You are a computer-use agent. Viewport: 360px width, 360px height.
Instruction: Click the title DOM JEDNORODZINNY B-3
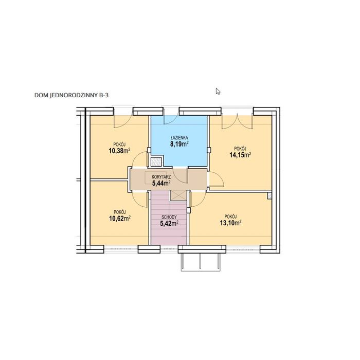pos(71,95)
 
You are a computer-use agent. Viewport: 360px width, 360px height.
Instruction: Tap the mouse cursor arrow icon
pos(218,92)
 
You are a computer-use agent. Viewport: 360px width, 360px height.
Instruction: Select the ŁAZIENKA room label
pos(179,138)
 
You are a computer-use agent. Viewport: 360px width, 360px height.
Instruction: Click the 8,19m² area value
pos(179,144)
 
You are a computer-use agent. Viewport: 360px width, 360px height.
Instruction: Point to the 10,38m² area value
pos(119,151)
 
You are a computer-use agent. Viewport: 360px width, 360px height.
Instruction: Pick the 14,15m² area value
pos(240,155)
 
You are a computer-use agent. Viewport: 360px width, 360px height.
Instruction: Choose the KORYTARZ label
pos(161,177)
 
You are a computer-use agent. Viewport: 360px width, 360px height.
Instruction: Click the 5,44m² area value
pos(161,183)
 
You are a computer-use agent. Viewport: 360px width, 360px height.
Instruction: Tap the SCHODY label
pos(169,217)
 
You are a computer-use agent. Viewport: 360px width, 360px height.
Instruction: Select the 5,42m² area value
pos(169,223)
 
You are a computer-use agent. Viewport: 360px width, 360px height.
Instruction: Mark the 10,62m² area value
pos(120,218)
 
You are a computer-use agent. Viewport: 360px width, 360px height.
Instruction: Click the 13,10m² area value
pos(230,223)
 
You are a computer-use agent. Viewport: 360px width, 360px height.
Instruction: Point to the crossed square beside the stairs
pos(178,196)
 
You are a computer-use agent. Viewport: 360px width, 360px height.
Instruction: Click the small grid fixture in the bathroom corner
pos(156,161)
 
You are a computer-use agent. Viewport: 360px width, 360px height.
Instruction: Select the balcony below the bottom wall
pos(201,262)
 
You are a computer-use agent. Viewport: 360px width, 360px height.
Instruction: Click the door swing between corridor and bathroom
pos(180,175)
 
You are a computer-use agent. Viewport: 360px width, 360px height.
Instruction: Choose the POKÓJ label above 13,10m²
pos(230,217)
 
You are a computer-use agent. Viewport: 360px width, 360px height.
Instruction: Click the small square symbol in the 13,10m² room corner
pos(269,195)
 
